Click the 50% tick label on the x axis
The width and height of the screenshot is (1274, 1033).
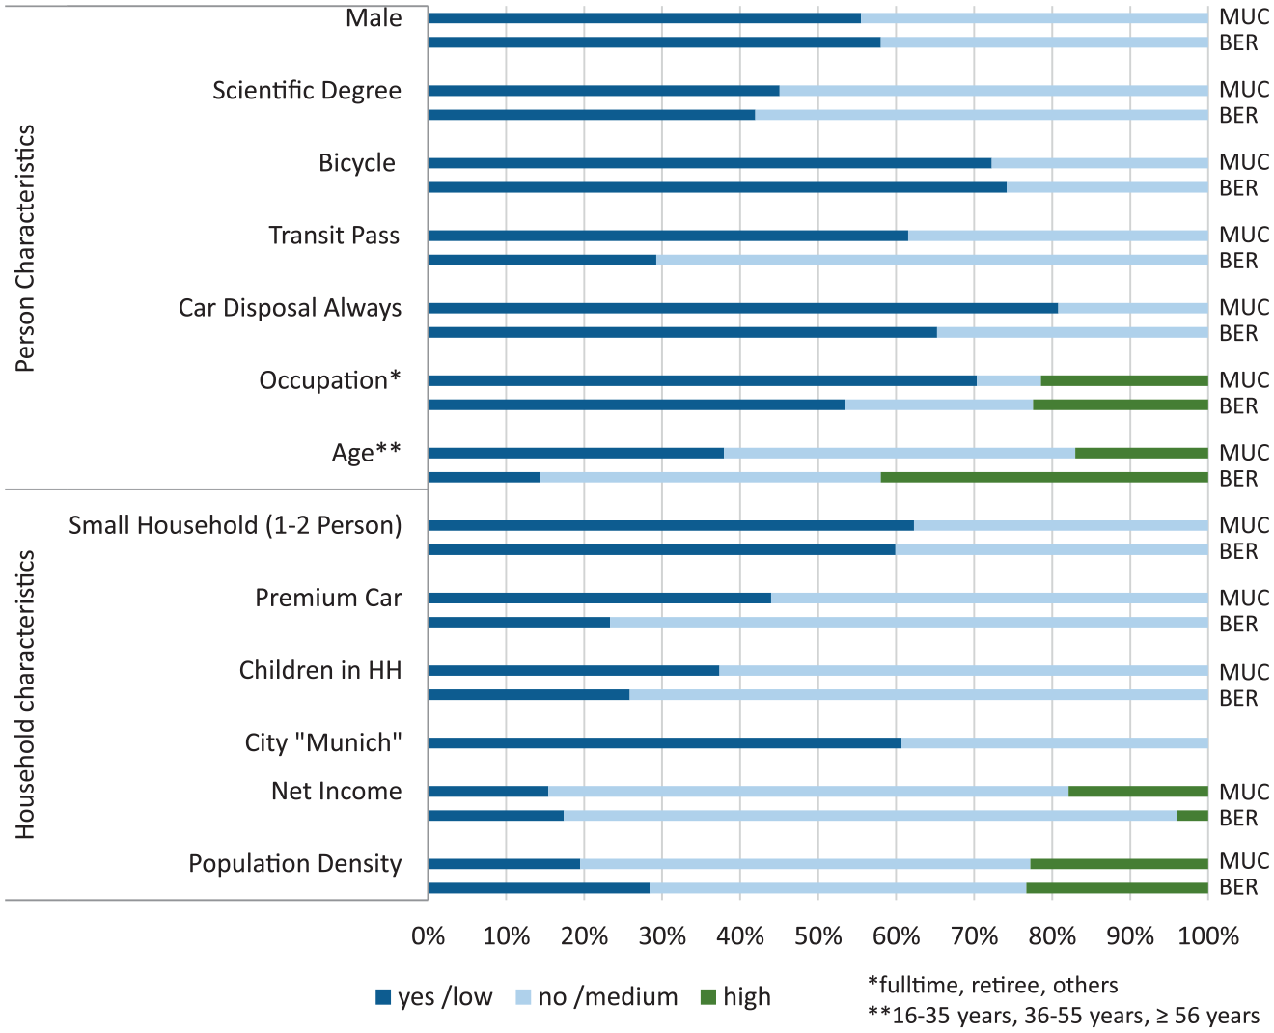point(817,936)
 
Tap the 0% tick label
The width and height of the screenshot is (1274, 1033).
point(429,936)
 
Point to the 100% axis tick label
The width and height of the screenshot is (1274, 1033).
point(1208,936)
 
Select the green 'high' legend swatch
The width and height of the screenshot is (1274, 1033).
point(708,997)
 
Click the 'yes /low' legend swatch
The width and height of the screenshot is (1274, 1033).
point(383,997)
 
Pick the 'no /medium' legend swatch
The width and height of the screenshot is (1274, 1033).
point(523,997)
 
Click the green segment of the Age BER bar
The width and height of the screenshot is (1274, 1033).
point(1044,477)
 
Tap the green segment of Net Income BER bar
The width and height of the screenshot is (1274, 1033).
point(1193,815)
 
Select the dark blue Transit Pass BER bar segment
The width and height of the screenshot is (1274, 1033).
point(542,260)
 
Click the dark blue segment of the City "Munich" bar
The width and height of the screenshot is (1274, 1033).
point(665,743)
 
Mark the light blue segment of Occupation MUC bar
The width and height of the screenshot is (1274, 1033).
point(1009,380)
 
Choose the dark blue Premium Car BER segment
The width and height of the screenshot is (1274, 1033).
point(519,622)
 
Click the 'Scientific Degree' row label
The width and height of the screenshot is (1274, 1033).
point(307,91)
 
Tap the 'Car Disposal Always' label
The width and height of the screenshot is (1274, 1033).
point(291,308)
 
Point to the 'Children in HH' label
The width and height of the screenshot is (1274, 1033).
point(320,670)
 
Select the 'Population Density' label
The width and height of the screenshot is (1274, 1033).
point(295,864)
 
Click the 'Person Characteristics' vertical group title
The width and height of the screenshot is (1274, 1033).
point(25,248)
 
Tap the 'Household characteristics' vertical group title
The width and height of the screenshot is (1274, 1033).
point(25,694)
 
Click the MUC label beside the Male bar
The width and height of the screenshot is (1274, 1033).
point(1244,16)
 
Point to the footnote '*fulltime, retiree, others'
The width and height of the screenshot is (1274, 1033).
point(992,985)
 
